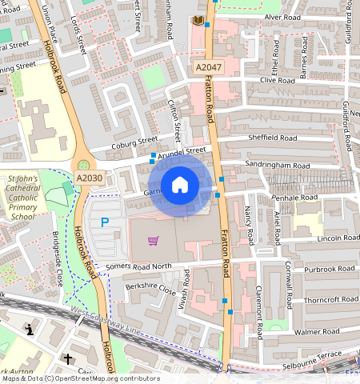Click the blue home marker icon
(180, 186)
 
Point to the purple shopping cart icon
(153, 240)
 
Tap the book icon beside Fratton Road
(198, 20)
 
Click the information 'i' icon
(30, 329)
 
